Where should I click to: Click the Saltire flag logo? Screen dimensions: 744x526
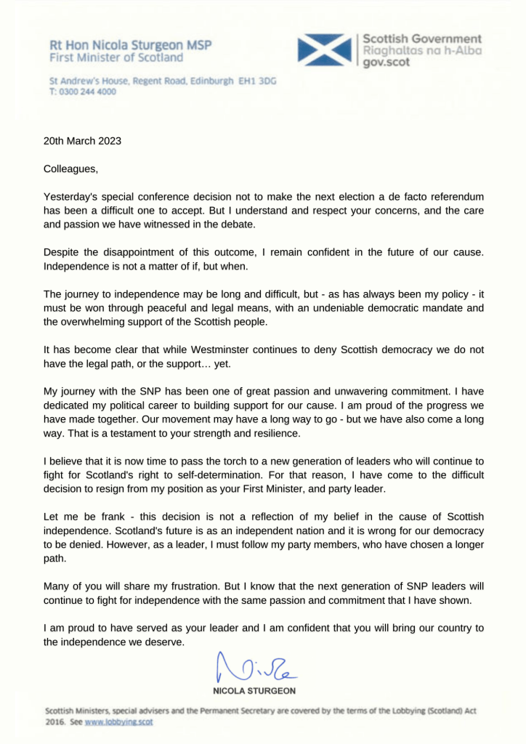(325, 50)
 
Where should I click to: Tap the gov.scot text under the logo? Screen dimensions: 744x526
(385, 63)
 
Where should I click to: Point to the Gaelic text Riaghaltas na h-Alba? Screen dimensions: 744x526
(421, 51)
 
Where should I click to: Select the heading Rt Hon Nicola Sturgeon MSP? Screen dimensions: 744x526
(130, 45)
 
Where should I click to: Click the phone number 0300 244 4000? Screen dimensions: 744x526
(86, 92)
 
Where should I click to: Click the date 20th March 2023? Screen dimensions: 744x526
(83, 141)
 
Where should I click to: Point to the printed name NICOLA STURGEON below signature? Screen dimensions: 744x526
(254, 690)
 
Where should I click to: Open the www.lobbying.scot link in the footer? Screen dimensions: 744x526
(119, 722)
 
